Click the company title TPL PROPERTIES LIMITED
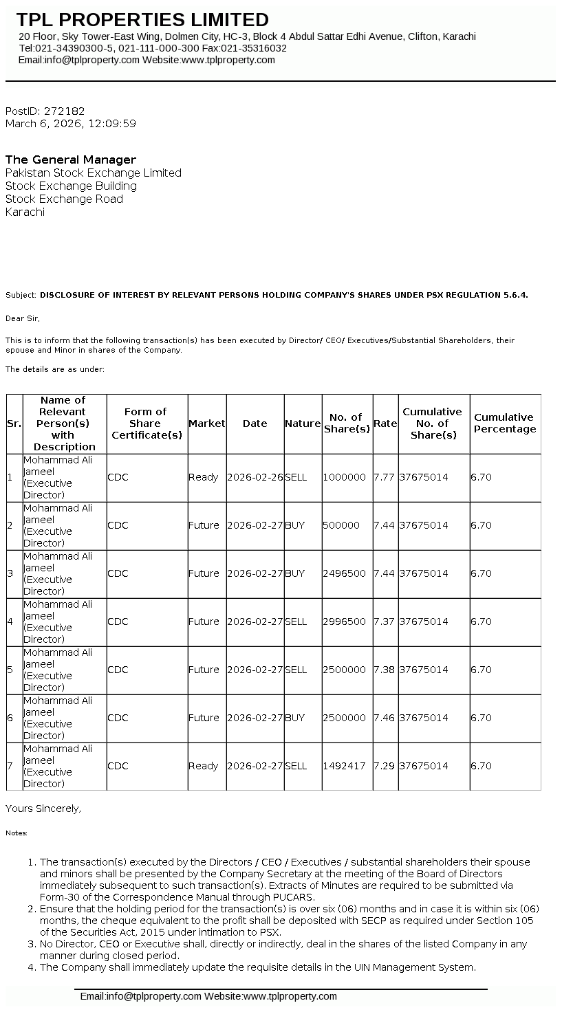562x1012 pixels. (x=142, y=19)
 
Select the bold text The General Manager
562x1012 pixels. (x=71, y=159)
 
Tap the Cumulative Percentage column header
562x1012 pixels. (x=505, y=423)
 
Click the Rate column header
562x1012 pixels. (x=385, y=423)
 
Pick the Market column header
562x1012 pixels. (x=206, y=423)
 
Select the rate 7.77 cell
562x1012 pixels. (x=385, y=477)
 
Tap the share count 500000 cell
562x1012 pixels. (x=342, y=525)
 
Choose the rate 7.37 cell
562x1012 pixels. (x=385, y=621)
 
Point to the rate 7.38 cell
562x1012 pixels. (x=385, y=670)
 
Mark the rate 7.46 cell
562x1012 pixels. (x=385, y=718)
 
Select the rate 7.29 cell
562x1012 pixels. (x=385, y=766)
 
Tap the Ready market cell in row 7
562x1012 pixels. (x=204, y=766)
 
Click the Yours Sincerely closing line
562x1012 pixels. (x=43, y=808)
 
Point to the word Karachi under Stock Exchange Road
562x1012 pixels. (x=25, y=212)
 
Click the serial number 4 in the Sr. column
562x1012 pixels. (x=10, y=621)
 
